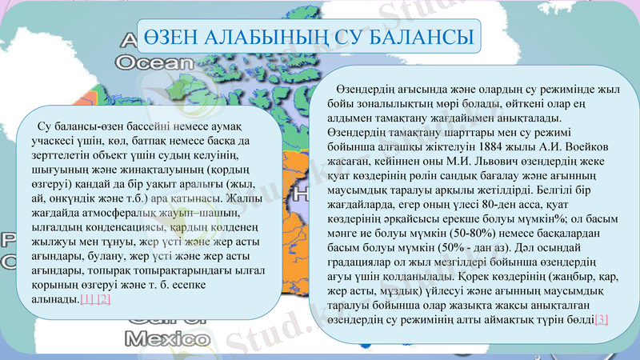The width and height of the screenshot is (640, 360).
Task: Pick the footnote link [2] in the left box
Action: pyautogui.click(x=102, y=299)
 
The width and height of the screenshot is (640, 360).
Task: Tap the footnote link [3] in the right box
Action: pyautogui.click(x=602, y=319)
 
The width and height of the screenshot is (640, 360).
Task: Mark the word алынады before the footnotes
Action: pyautogui.click(x=55, y=299)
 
